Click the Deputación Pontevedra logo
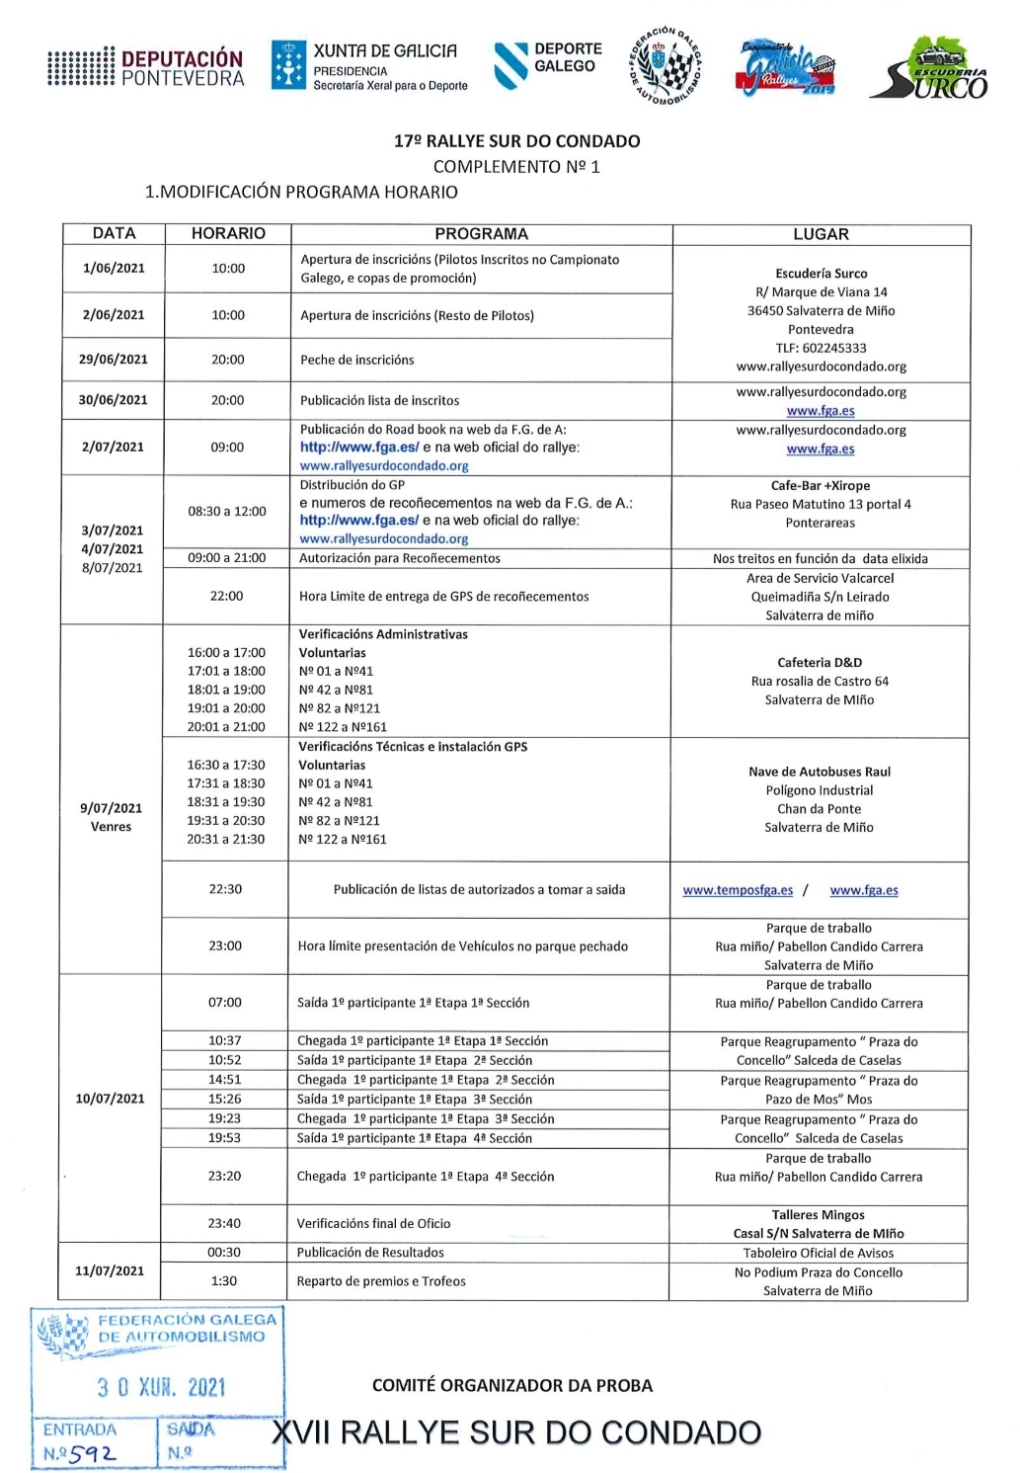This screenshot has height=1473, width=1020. pyautogui.click(x=145, y=67)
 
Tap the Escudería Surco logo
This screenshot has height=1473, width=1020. pyautogui.click(x=929, y=69)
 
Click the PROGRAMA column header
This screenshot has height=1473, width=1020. pyautogui.click(x=481, y=234)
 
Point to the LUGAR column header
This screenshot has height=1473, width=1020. pyautogui.click(x=821, y=234)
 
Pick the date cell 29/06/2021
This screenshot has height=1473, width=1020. pyautogui.click(x=114, y=360)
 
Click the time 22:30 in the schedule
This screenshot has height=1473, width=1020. pyautogui.click(x=225, y=889)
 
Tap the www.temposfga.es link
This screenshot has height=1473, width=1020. pyautogui.click(x=738, y=890)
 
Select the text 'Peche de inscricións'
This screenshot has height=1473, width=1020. pyautogui.click(x=357, y=360)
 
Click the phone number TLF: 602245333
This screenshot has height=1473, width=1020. pyautogui.click(x=821, y=348)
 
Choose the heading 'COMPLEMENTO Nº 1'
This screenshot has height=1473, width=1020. pyautogui.click(x=516, y=167)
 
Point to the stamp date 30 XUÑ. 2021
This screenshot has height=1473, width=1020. pyautogui.click(x=161, y=1387)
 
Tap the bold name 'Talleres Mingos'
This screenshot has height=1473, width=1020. pyautogui.click(x=818, y=1215)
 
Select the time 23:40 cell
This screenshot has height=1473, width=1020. pyautogui.click(x=224, y=1223)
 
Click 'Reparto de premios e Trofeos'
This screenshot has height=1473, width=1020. pyautogui.click(x=381, y=1281)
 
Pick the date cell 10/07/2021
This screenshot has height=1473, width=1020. pyautogui.click(x=110, y=1099)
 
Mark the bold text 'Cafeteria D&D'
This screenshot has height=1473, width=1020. pyautogui.click(x=820, y=663)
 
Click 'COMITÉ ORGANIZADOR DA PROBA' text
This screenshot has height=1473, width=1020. pyautogui.click(x=511, y=1385)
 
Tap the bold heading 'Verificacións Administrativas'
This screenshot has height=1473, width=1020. pyautogui.click(x=383, y=634)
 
